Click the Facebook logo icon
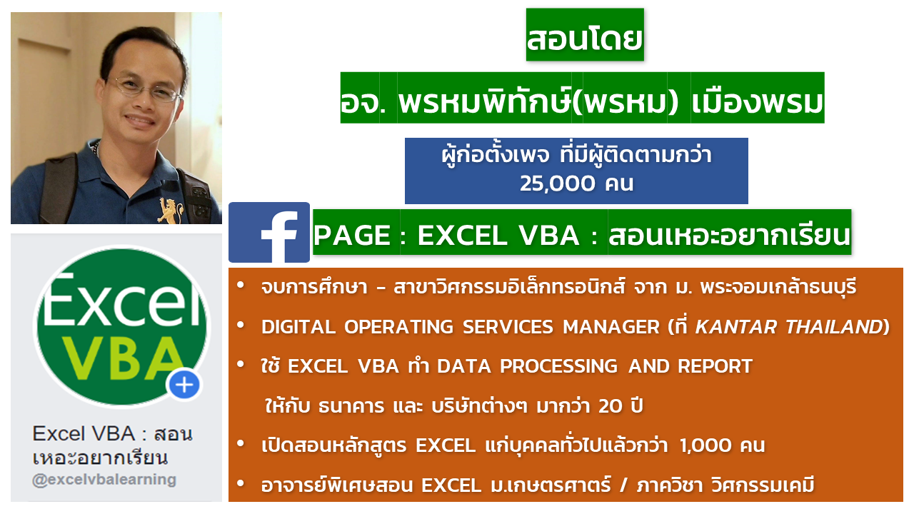click(269, 232)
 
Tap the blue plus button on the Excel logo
click(184, 385)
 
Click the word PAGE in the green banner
click(352, 236)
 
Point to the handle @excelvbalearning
click(104, 480)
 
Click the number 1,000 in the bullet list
click(705, 445)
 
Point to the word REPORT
click(715, 366)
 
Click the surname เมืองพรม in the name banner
click(757, 102)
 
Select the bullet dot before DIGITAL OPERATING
click(241, 325)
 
